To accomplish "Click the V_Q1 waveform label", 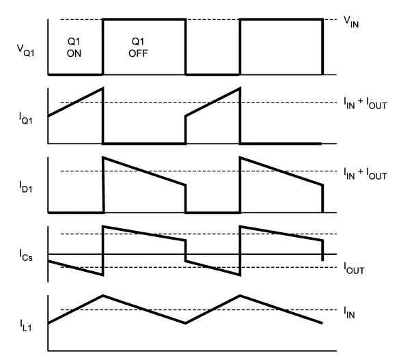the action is pyautogui.click(x=25, y=50).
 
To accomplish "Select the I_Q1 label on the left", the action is pyautogui.click(x=26, y=119).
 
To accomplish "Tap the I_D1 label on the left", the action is pyautogui.click(x=26, y=187).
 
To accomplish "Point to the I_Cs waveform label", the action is pyautogui.click(x=26, y=255).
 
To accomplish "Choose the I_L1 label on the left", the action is pyautogui.click(x=26, y=325).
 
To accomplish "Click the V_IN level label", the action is pyautogui.click(x=351, y=22).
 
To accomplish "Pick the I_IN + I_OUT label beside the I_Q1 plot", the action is pyautogui.click(x=365, y=103).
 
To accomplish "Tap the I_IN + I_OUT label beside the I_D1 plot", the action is pyautogui.click(x=365, y=174).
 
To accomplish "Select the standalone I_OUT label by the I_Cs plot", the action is pyautogui.click(x=354, y=268).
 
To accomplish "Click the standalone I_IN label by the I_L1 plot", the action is pyautogui.click(x=349, y=313).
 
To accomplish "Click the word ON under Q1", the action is pyautogui.click(x=74, y=53).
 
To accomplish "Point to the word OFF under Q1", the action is pyautogui.click(x=138, y=53).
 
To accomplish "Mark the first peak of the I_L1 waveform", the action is pyautogui.click(x=103, y=296).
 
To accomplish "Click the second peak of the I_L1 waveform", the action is pyautogui.click(x=240, y=296).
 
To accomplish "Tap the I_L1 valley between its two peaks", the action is pyautogui.click(x=185, y=323).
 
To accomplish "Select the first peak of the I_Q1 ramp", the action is pyautogui.click(x=102, y=88).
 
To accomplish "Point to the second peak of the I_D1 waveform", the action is pyautogui.click(x=240, y=158).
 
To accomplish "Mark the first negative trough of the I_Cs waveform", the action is pyautogui.click(x=102, y=275).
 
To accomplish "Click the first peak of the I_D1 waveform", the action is pyautogui.click(x=103, y=158).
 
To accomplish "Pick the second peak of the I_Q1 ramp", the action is pyautogui.click(x=240, y=88).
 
